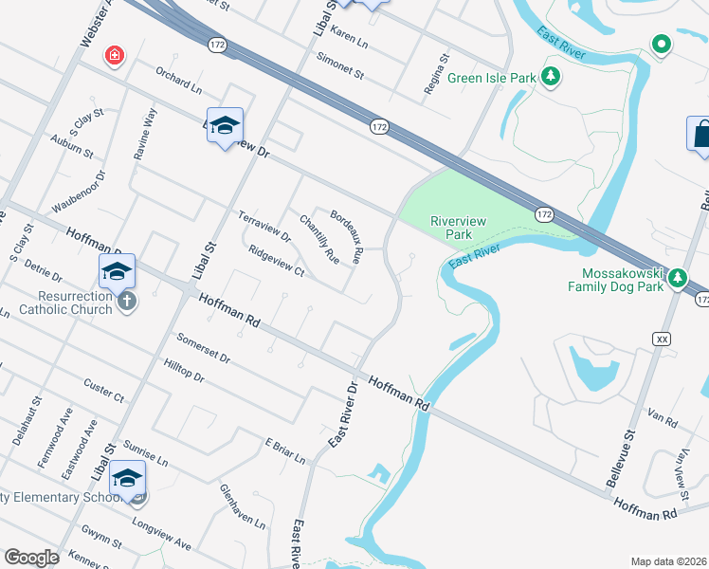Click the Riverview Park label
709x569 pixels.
point(458,228)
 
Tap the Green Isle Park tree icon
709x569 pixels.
point(549,77)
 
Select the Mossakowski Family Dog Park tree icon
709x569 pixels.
point(677,278)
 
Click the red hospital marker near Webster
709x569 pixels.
point(115,56)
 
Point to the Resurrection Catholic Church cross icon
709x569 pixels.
point(127,301)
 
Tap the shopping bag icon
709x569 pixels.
point(701,134)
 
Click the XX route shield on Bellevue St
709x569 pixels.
point(662,339)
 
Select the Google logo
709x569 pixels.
point(31,558)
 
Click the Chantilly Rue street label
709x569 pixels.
point(318,239)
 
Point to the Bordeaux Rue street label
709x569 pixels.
point(346,235)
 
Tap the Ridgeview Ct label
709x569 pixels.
point(275,262)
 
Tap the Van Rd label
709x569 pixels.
point(663,418)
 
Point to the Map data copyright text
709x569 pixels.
point(668,561)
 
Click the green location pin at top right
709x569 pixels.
point(662,44)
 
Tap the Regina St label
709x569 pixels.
point(436,76)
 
